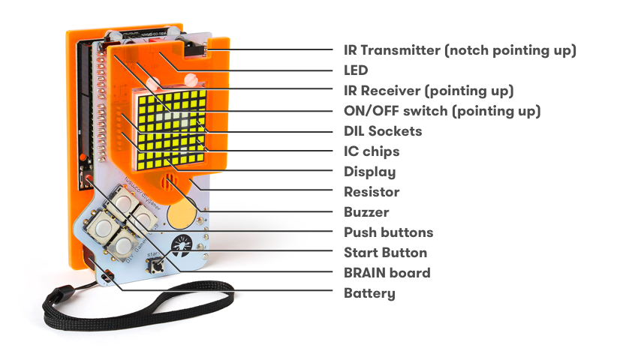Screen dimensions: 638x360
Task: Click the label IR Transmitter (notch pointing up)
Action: coord(460,50)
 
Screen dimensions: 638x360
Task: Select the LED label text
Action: coord(356,70)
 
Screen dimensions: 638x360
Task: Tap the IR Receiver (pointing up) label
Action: coord(429,91)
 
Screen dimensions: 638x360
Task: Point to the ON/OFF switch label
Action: coord(442,111)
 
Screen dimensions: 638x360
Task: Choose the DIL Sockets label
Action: coord(383,131)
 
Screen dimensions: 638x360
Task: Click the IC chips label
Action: coord(372,151)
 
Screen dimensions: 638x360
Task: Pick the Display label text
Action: coord(369,172)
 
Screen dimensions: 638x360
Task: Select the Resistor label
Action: coord(372,191)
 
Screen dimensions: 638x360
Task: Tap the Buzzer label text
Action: coord(366,212)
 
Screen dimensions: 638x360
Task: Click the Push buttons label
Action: coord(388,232)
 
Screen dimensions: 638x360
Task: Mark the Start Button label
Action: coord(385,253)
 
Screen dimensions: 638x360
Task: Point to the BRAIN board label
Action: coord(387,272)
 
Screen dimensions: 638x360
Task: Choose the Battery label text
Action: coord(369,293)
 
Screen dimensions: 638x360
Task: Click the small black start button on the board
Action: coord(156,267)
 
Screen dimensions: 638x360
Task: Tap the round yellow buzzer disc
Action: coord(182,213)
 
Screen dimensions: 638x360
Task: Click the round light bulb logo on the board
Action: coord(182,246)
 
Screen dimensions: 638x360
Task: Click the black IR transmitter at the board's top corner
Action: coord(194,47)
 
